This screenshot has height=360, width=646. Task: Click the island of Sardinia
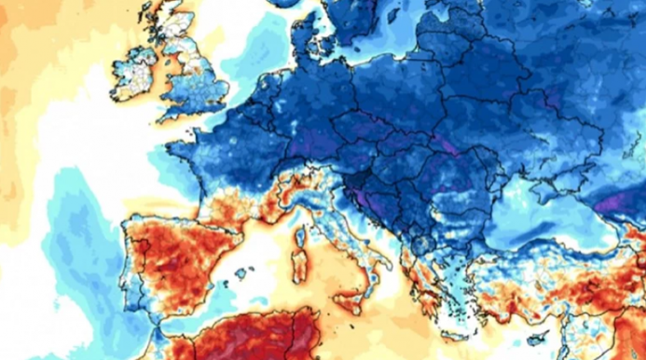[x=299, y=267]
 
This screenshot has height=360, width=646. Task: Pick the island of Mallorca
[x=241, y=273]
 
